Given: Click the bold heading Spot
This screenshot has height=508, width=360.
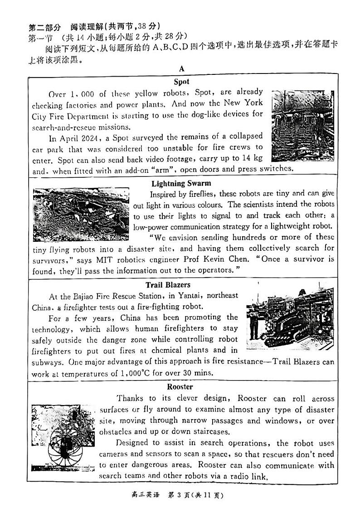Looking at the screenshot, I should coord(181,82).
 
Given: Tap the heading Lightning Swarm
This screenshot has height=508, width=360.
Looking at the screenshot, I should coord(181,184).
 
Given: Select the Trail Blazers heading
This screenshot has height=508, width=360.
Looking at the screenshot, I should coord(168,285).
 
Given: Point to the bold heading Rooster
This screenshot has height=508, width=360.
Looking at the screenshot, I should coord(180,387).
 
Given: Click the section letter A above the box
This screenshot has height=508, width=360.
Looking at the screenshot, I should coord(181,69).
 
